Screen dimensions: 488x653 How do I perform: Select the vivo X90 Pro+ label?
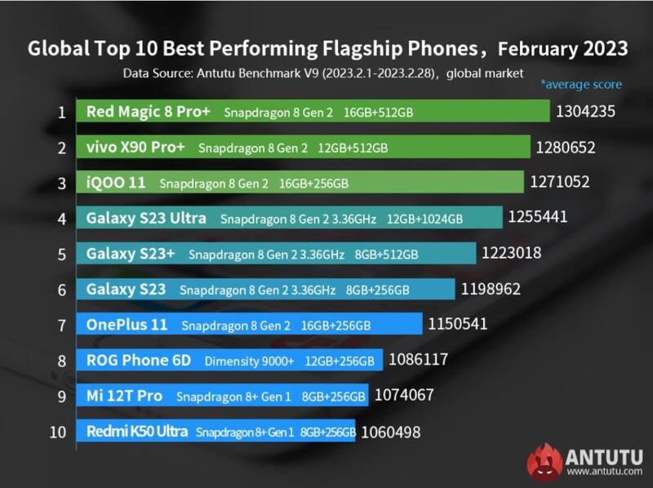click(135, 148)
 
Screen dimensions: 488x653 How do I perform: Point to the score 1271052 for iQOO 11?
click(559, 182)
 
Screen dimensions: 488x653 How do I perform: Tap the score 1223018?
click(511, 253)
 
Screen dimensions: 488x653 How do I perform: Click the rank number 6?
click(60, 289)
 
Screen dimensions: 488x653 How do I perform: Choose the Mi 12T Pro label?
click(124, 396)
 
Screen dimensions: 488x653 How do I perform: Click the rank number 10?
click(57, 432)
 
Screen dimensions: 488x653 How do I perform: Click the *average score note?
click(580, 85)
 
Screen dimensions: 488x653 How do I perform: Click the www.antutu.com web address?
click(602, 471)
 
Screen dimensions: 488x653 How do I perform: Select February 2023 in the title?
click(562, 48)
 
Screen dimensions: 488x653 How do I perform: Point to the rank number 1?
click(60, 112)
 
